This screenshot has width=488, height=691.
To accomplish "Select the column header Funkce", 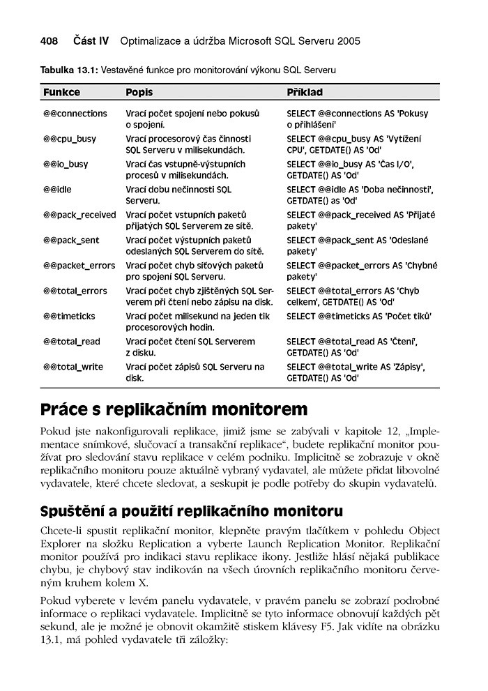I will tap(61, 92).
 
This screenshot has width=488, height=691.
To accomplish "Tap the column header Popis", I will tap(139, 92).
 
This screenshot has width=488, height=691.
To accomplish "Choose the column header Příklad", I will tap(305, 92).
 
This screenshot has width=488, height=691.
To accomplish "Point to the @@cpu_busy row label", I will tap(70, 139).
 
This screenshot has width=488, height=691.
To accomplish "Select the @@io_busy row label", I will tap(66, 164).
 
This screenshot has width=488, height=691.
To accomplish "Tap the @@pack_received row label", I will tap(79, 215).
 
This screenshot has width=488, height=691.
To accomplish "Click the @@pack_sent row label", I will tap(71, 240).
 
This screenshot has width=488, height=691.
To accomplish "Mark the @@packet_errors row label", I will tap(79, 266).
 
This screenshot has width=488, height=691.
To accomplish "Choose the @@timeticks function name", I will tap(69, 316).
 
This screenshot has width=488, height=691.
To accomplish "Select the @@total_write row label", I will tap(73, 367).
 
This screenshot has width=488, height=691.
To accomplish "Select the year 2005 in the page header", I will tap(348, 41).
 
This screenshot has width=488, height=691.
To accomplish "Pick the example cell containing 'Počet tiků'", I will tap(359, 316).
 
